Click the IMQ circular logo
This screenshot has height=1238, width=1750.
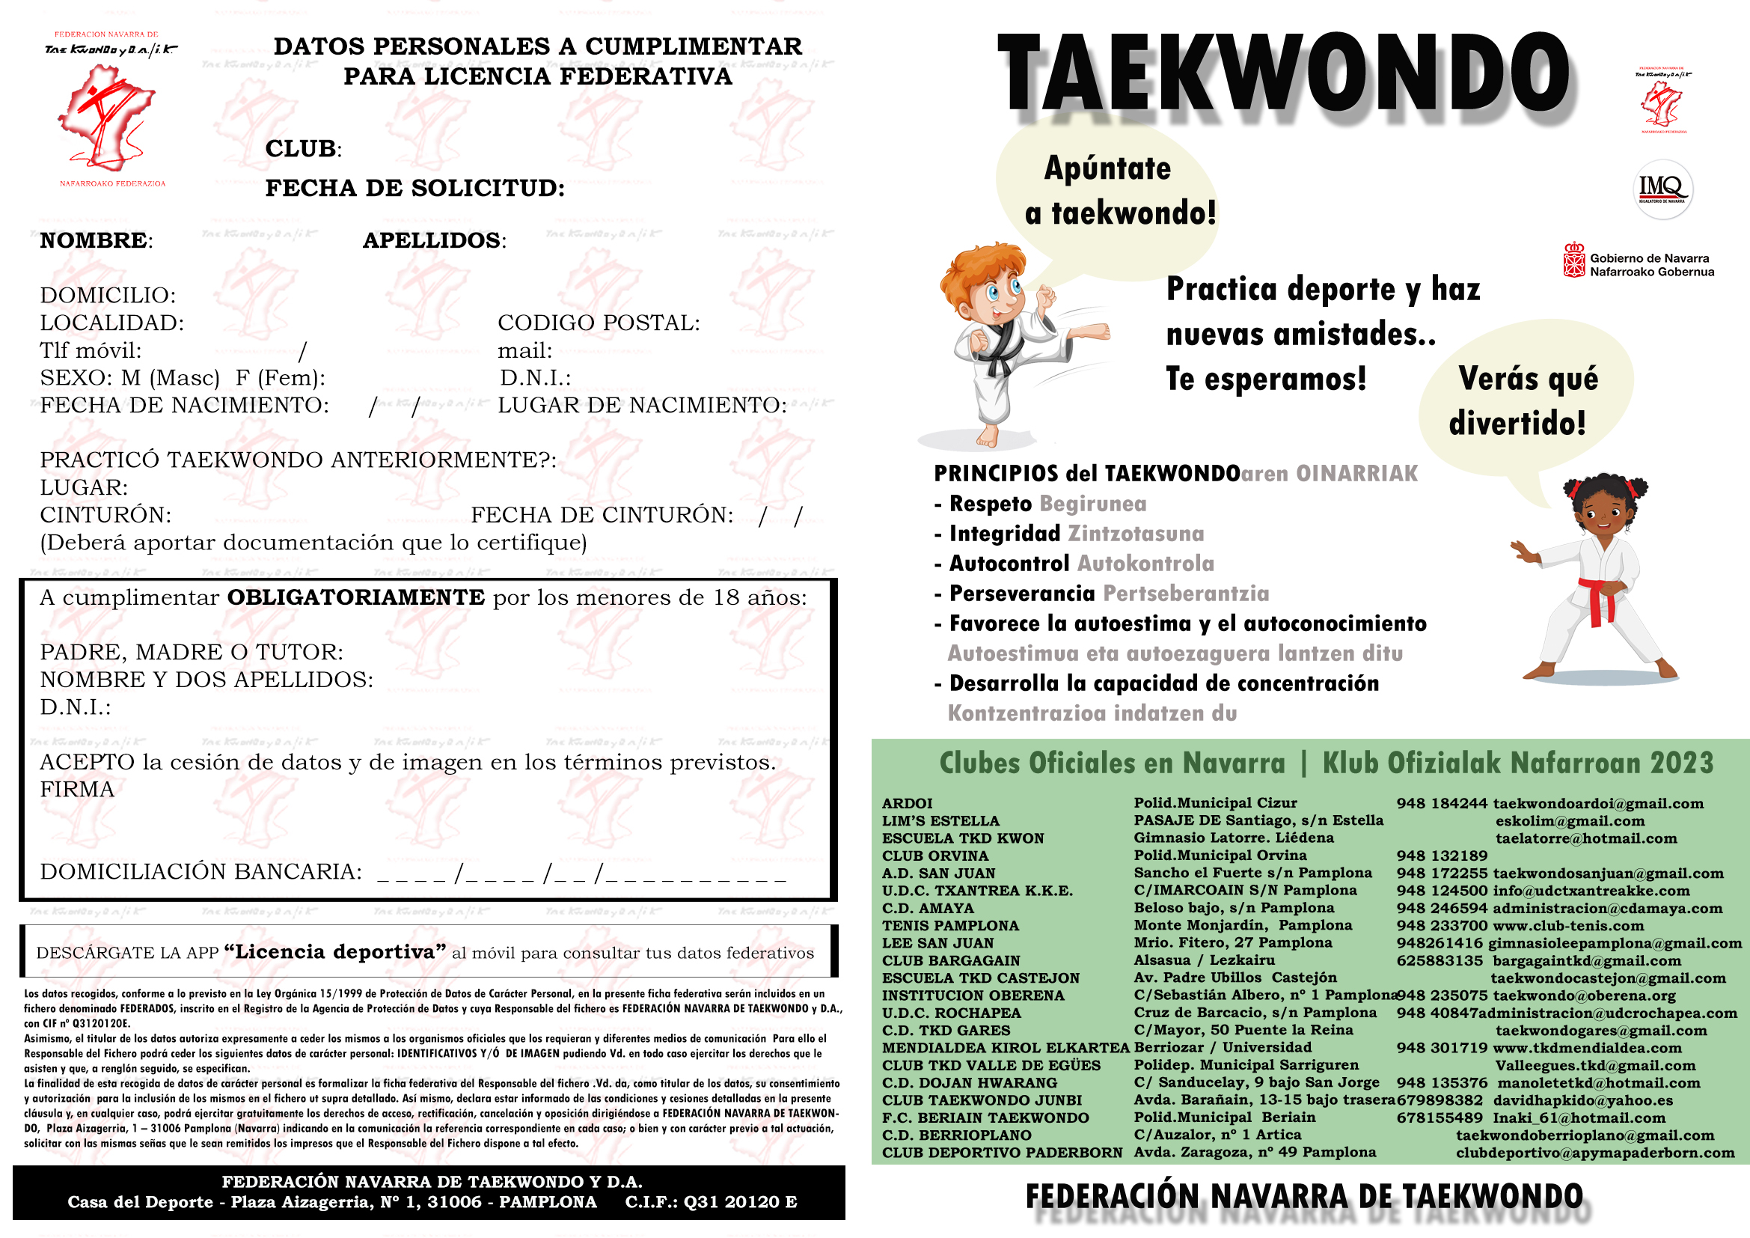[x=1664, y=189]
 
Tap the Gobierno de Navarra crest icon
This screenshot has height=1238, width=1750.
[x=1574, y=260]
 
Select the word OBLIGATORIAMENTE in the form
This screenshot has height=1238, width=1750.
[x=356, y=597]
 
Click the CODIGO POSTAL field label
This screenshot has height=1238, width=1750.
[x=599, y=323]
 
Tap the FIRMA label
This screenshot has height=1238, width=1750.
[x=77, y=790]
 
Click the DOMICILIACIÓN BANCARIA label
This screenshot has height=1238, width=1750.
[x=201, y=872]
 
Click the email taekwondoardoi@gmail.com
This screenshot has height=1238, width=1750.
[x=1597, y=803]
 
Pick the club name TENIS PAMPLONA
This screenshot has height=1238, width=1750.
[x=949, y=926]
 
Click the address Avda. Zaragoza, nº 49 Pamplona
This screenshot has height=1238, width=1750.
[x=1255, y=1153]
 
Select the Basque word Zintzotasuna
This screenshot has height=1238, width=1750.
[x=1136, y=534]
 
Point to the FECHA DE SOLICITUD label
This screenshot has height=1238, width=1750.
[x=414, y=189]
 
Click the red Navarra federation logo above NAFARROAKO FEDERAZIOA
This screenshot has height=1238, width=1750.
[x=107, y=118]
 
